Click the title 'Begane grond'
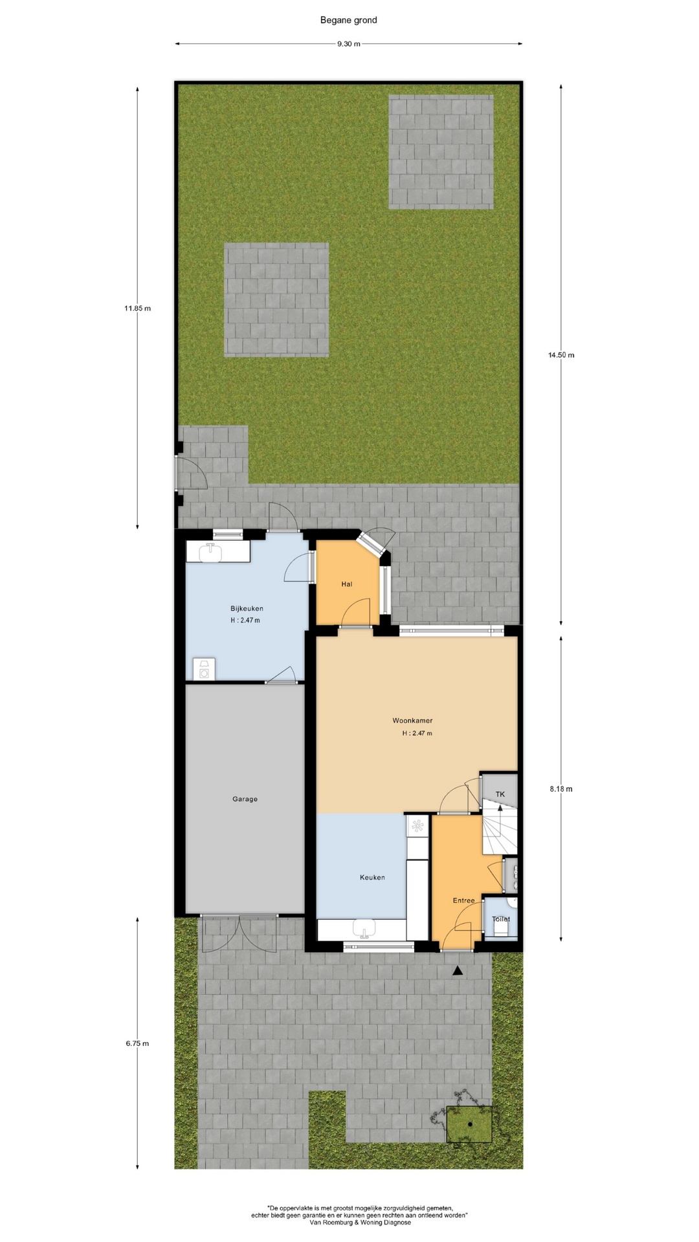pyautogui.click(x=348, y=20)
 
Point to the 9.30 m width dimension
pyautogui.click(x=348, y=44)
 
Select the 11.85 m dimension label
pyautogui.click(x=137, y=309)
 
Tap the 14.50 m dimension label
pyautogui.click(x=561, y=355)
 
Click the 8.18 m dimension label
pyautogui.click(x=561, y=789)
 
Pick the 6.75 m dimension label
pyautogui.click(x=137, y=1043)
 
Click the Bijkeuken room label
pyautogui.click(x=247, y=609)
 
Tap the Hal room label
pyautogui.click(x=347, y=584)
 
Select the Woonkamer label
pyautogui.click(x=412, y=721)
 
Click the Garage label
pyautogui.click(x=245, y=799)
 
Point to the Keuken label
pyautogui.click(x=372, y=878)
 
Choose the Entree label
pyautogui.click(x=463, y=900)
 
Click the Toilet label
pyautogui.click(x=501, y=919)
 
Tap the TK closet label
pyautogui.click(x=500, y=794)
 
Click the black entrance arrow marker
pyautogui.click(x=458, y=970)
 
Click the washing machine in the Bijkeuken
pyautogui.click(x=205, y=670)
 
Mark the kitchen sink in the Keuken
pyautogui.click(x=364, y=929)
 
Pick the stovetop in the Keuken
pyautogui.click(x=417, y=826)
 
